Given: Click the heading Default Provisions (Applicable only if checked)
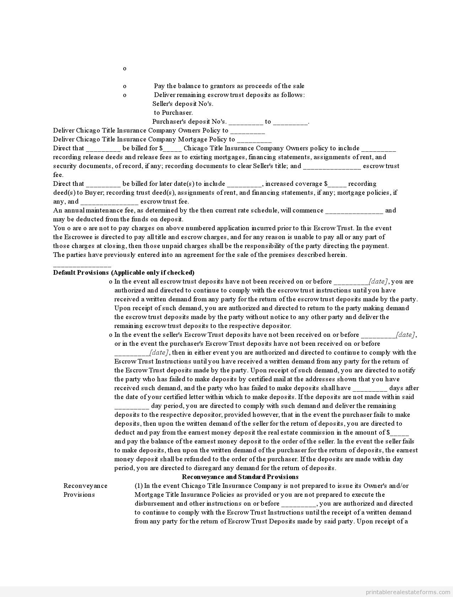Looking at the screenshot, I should pos(124,273).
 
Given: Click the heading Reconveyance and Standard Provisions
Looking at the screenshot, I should pos(240,477).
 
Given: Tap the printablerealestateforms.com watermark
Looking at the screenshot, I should pos(409,592).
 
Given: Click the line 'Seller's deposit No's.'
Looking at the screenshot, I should pos(183,104).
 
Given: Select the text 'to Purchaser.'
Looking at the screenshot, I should pos(173,113).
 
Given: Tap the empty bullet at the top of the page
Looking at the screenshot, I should pos(125,69).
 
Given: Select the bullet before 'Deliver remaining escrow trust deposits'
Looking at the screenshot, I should pos(125,95).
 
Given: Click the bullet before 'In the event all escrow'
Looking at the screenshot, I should pos(110,282).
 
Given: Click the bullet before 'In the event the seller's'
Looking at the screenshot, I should pos(110,335).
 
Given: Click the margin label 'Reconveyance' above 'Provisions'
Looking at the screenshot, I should pos(85,486).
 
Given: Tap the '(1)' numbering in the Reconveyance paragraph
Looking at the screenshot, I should pos(139,486).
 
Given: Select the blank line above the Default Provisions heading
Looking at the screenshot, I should pos(82,265).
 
